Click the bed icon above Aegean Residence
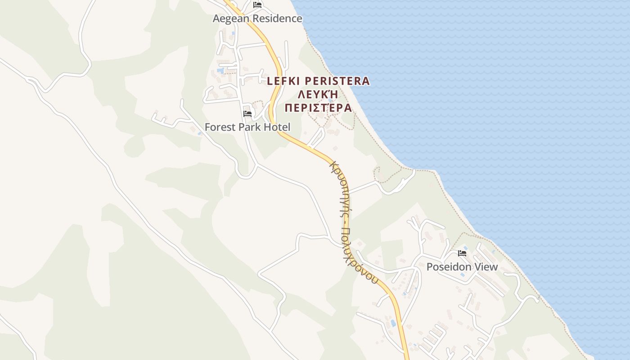click(x=257, y=5)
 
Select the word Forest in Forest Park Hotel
click(x=220, y=127)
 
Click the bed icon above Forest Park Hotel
click(x=247, y=114)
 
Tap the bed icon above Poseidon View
click(x=462, y=253)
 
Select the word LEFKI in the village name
click(x=284, y=81)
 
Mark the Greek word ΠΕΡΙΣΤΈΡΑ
click(x=318, y=108)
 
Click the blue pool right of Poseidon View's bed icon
click(x=465, y=248)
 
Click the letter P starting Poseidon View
click(x=430, y=267)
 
